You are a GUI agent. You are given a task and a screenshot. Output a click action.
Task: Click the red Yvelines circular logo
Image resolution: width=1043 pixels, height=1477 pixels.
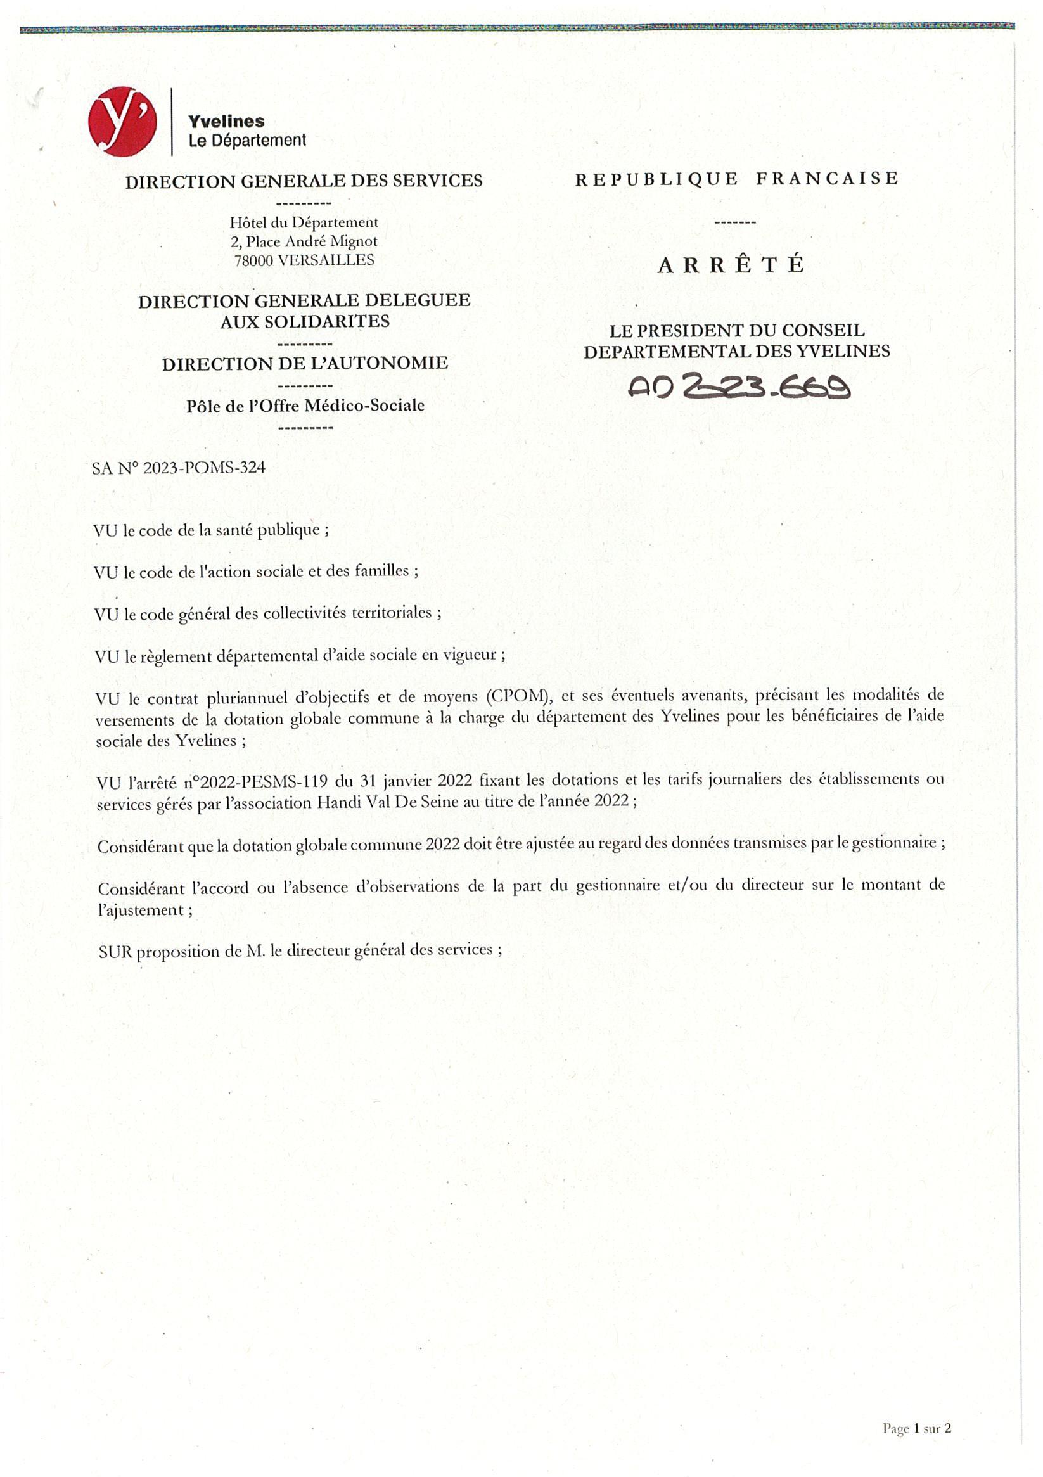pyautogui.click(x=122, y=122)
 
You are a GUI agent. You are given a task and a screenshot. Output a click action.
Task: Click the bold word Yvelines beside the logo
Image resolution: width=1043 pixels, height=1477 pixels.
pyautogui.click(x=226, y=121)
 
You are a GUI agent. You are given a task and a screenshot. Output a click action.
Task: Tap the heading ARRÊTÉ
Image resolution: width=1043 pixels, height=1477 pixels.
pyautogui.click(x=731, y=264)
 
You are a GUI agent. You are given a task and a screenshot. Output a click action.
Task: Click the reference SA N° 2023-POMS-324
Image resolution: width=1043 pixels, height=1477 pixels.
pyautogui.click(x=178, y=468)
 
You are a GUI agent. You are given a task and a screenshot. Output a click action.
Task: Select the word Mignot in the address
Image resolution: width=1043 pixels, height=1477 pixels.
pyautogui.click(x=353, y=241)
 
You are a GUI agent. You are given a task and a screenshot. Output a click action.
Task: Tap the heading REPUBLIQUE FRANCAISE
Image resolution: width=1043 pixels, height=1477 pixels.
pyautogui.click(x=737, y=178)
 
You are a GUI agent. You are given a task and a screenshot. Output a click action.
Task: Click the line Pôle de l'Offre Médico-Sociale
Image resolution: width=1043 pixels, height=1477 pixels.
pyautogui.click(x=305, y=406)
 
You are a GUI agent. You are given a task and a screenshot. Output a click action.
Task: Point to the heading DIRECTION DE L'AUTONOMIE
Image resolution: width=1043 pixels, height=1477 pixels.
pyautogui.click(x=305, y=364)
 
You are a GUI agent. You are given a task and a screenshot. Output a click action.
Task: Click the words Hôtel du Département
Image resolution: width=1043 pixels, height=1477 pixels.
pyautogui.click(x=304, y=222)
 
